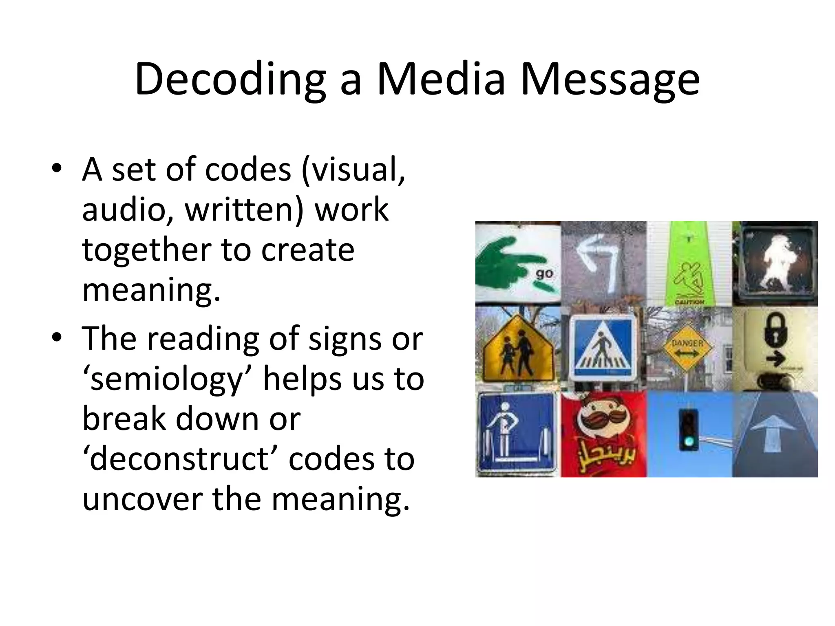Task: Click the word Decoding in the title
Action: [x=230, y=79]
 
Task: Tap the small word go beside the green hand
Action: [x=544, y=273]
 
